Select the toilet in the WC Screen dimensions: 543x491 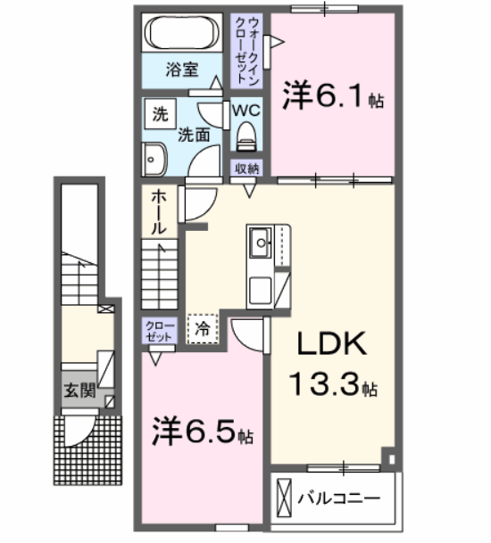pyautogui.click(x=245, y=136)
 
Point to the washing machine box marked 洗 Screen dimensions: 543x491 pyautogui.click(x=160, y=113)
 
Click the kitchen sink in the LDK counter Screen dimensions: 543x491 pyautogui.click(x=261, y=240)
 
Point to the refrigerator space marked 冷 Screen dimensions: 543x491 pyautogui.click(x=203, y=328)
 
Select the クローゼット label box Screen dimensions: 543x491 pyautogui.click(x=154, y=333)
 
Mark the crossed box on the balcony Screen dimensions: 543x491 pyautogui.click(x=285, y=497)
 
